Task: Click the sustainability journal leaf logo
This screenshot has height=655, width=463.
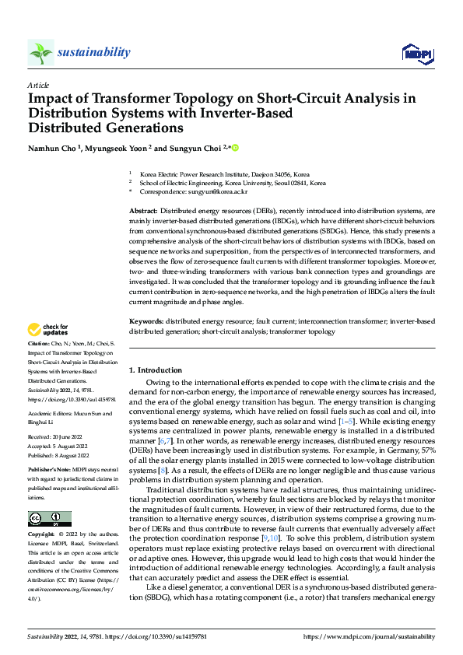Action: click(40, 52)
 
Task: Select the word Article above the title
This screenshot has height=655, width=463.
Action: click(38, 85)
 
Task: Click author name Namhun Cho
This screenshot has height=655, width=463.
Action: click(54, 148)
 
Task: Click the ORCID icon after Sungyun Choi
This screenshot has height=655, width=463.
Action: click(234, 148)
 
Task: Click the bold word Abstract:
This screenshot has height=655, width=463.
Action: click(144, 212)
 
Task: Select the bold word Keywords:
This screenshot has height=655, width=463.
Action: click(146, 322)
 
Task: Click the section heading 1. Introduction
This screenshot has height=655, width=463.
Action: click(156, 370)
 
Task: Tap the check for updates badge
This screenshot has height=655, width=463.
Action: click(48, 330)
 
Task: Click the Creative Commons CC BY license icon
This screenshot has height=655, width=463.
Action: click(49, 519)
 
